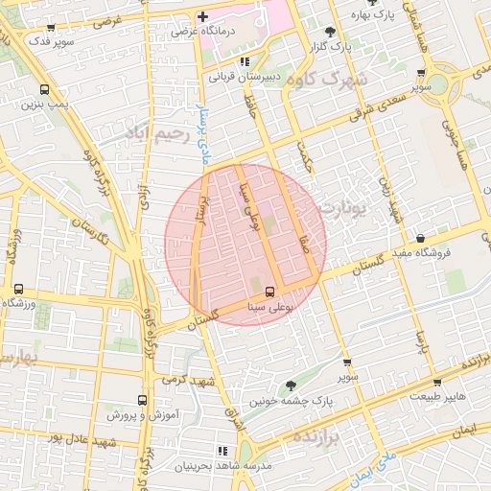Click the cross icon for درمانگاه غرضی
click(x=203, y=16)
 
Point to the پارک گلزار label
click(x=336, y=46)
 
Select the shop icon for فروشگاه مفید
click(x=421, y=238)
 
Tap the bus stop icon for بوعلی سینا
click(x=269, y=292)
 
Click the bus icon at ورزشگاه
click(x=18, y=289)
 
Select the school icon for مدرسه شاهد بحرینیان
click(x=223, y=450)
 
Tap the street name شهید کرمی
click(x=181, y=380)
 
